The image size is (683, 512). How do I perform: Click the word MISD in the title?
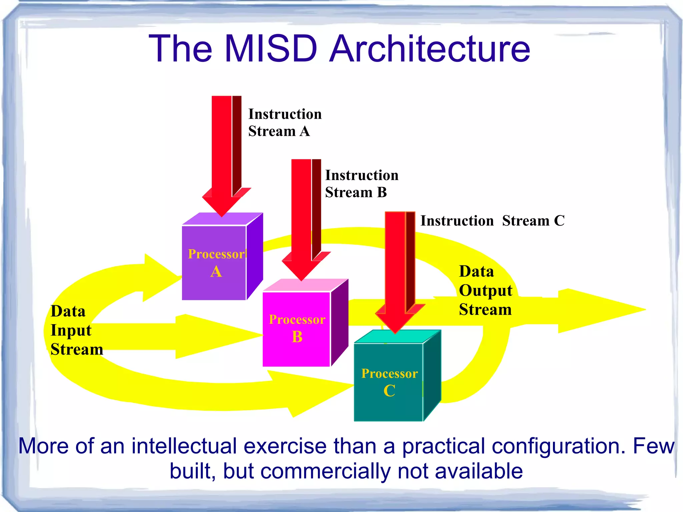coord(271,49)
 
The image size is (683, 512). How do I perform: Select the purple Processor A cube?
coord(215,264)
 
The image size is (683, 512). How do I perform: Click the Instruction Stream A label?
coord(284,122)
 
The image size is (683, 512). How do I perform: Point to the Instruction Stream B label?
coord(362,183)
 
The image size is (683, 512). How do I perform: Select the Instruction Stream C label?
coord(492,221)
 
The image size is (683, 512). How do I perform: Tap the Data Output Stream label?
coord(485,291)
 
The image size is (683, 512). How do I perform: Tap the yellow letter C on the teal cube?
coord(389,391)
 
